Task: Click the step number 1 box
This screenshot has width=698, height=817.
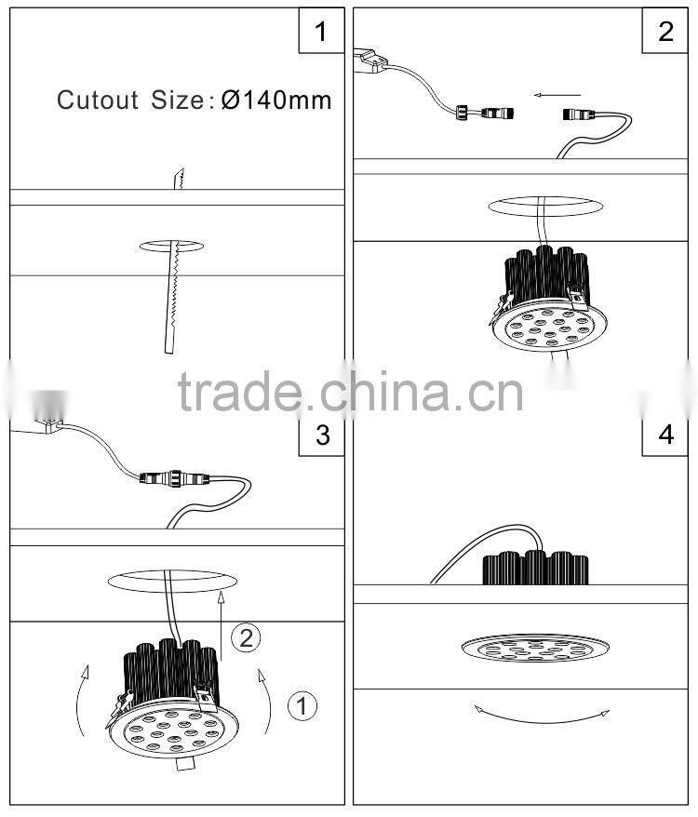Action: coord(321,33)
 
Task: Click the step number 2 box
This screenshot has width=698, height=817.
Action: coord(664,33)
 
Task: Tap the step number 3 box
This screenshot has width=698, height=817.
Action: coord(321,435)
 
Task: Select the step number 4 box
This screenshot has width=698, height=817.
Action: coord(664,435)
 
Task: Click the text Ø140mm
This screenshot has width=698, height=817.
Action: coord(276,100)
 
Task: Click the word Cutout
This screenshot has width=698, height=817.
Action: coord(99,100)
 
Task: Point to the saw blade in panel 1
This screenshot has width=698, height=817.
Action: coord(173,279)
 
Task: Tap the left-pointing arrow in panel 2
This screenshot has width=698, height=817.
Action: coord(557,93)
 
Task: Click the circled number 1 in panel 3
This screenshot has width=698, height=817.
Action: coord(302,706)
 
